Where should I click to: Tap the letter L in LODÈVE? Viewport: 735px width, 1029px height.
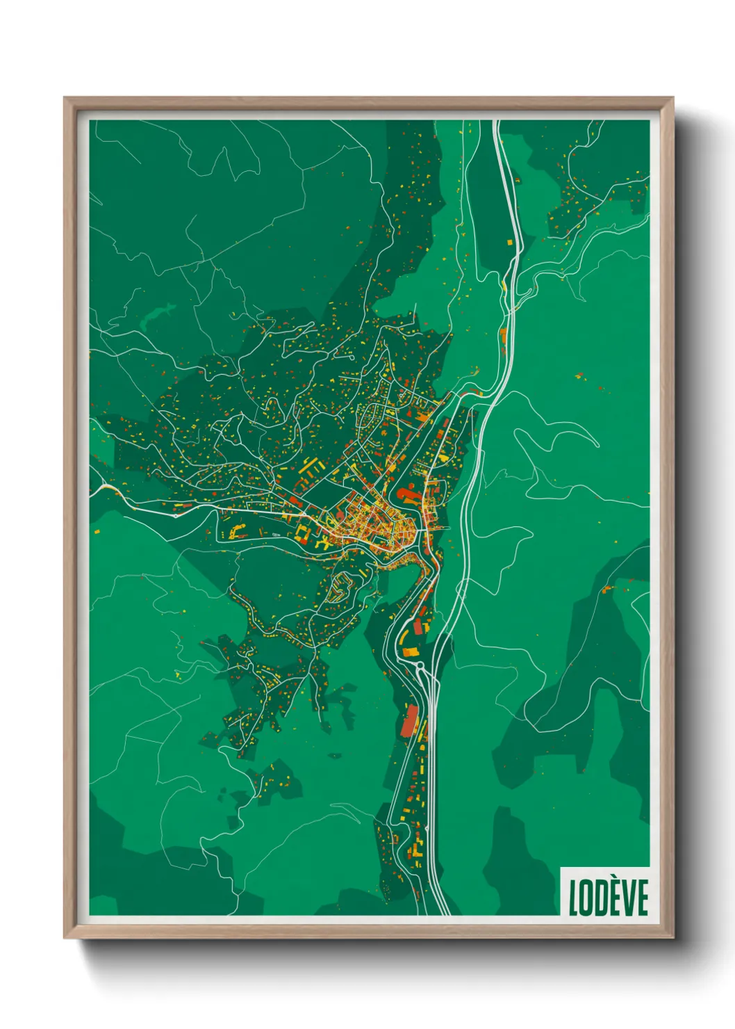pyautogui.click(x=574, y=898)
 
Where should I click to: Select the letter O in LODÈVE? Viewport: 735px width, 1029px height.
pyautogui.click(x=587, y=898)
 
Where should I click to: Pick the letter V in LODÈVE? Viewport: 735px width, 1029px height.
pyautogui.click(x=629, y=898)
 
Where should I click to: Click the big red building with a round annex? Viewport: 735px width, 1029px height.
pyautogui.click(x=407, y=494)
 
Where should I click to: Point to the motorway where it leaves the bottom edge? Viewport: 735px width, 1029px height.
pyautogui.click(x=439, y=912)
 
